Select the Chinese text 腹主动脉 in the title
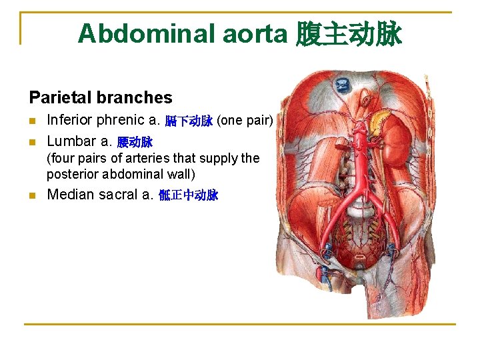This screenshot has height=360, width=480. pyautogui.click(x=348, y=33)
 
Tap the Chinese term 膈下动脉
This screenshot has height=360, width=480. pyautogui.click(x=189, y=121)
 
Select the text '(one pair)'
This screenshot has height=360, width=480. pyautogui.click(x=245, y=121)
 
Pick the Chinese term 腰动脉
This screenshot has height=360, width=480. pyautogui.click(x=135, y=142)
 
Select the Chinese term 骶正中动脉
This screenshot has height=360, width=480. pyautogui.click(x=189, y=196)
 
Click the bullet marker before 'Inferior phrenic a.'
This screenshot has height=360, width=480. pyautogui.click(x=33, y=121)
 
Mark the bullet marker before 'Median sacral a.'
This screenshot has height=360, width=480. pyautogui.click(x=33, y=196)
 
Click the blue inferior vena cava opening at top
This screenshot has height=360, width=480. pyautogui.click(x=343, y=85)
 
